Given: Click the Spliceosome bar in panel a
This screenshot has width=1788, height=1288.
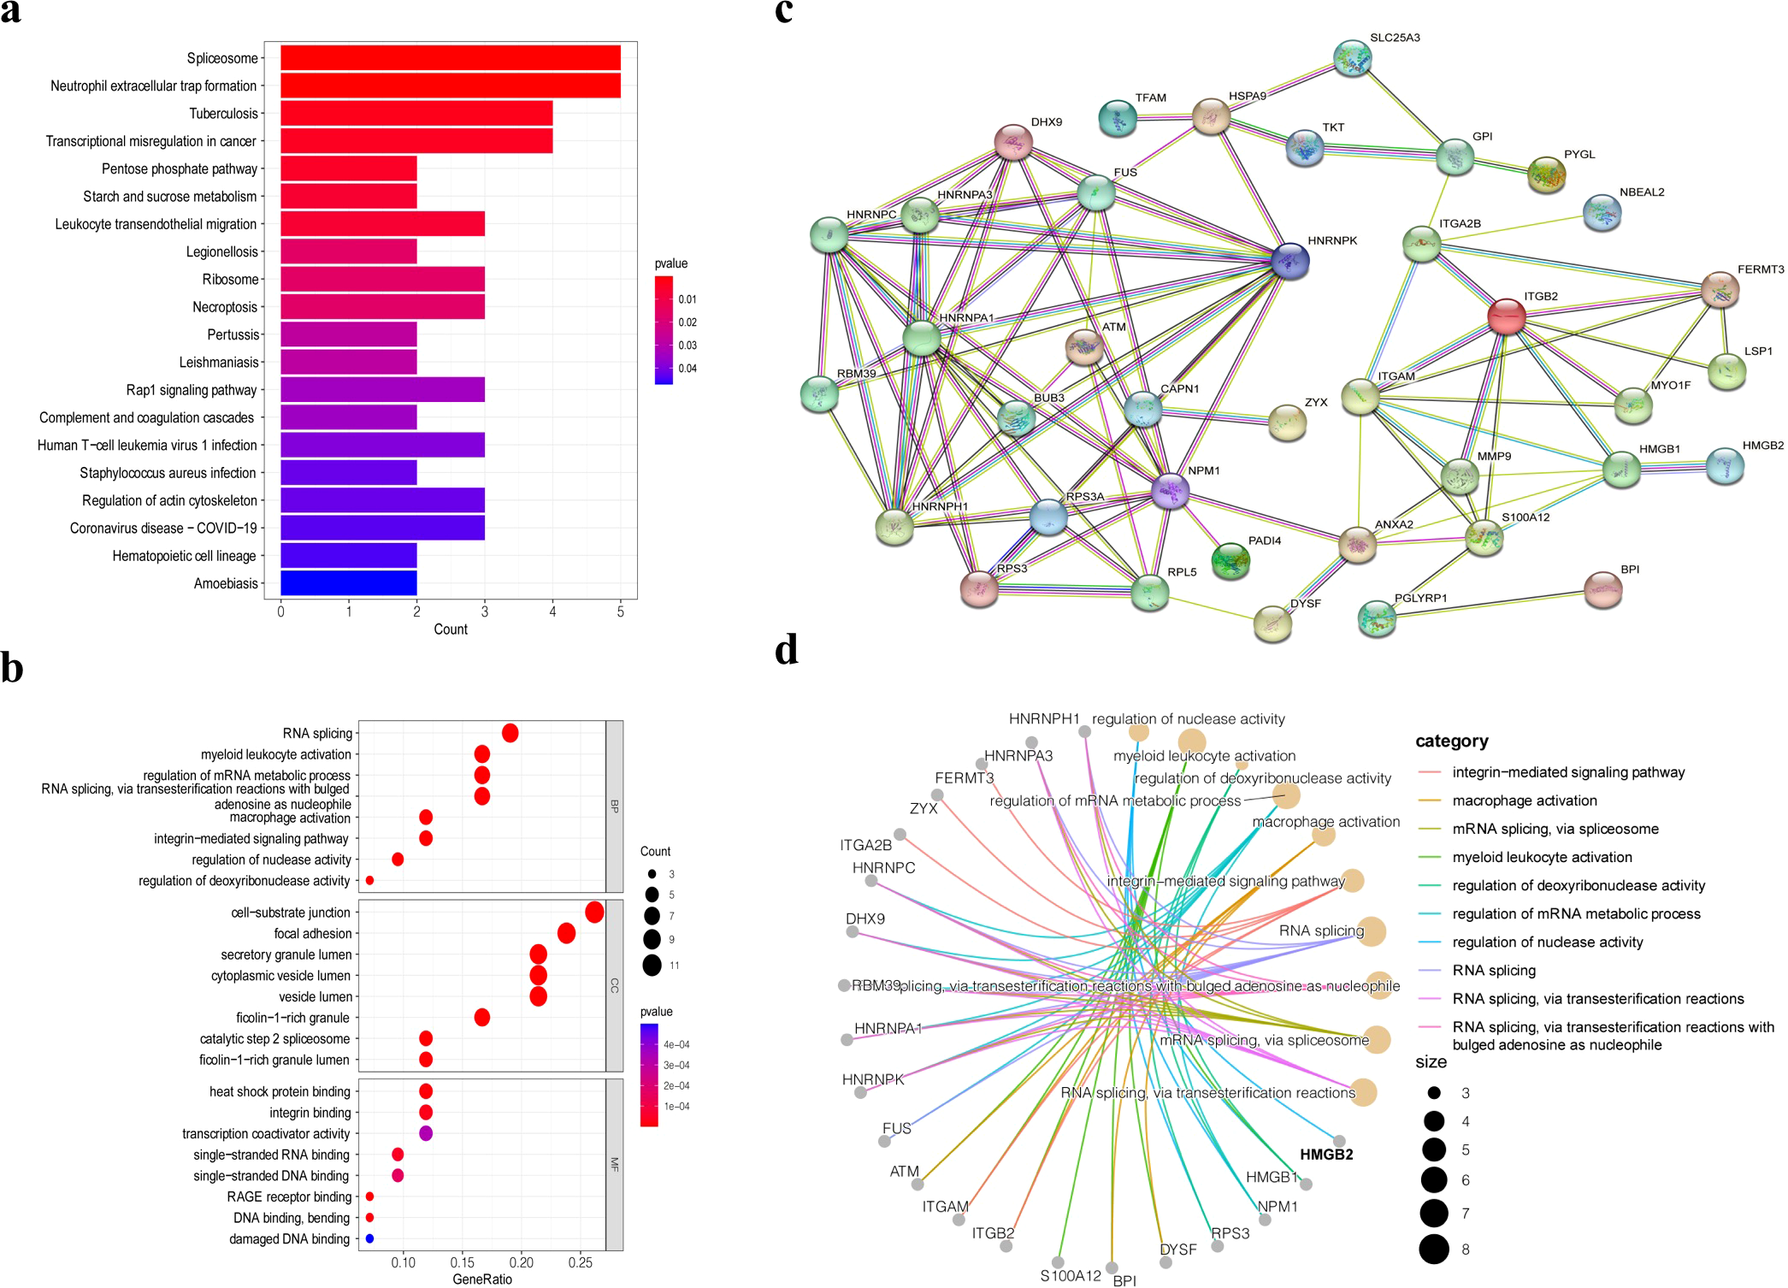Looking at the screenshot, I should pos(451,58).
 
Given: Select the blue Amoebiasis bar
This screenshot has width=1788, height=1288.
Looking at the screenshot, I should pos(349,583).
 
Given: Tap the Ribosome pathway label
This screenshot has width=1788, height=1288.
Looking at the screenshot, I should pos(230,280).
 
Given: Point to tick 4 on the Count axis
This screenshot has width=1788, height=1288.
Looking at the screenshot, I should pos(552,612).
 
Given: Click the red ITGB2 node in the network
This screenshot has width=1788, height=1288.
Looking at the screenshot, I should pos(1506,316).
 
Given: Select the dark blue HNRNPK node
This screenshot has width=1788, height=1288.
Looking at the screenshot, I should pos(1289,260).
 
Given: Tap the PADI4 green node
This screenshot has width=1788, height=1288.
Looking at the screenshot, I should pos(1230,561).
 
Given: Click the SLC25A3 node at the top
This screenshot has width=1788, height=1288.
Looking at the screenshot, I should pos(1353,58).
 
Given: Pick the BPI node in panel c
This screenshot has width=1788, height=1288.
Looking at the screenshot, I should pos(1602,590).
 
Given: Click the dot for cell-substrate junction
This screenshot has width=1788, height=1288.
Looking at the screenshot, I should pos(594,913).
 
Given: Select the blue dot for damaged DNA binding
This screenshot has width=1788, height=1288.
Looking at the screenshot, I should pos(369,1238).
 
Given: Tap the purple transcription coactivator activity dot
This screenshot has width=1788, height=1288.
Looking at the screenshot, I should pos(426,1133).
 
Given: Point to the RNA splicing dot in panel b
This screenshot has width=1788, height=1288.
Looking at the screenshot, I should pos(510,733).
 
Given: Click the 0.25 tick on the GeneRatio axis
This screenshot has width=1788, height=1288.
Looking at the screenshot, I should pos(580,1262).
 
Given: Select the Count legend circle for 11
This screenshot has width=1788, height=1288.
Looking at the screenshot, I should pos(652,966).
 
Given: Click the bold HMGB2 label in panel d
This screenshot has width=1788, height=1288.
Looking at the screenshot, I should pos(1326,1155).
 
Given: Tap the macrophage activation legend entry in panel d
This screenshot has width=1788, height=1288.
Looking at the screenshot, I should pos(1524,801).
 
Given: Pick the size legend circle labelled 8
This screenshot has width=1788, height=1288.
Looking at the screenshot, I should pos(1434,1250).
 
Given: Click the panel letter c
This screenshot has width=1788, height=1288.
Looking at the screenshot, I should pos(783,12).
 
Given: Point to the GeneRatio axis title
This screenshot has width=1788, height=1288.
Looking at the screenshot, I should pos(482,1279).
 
